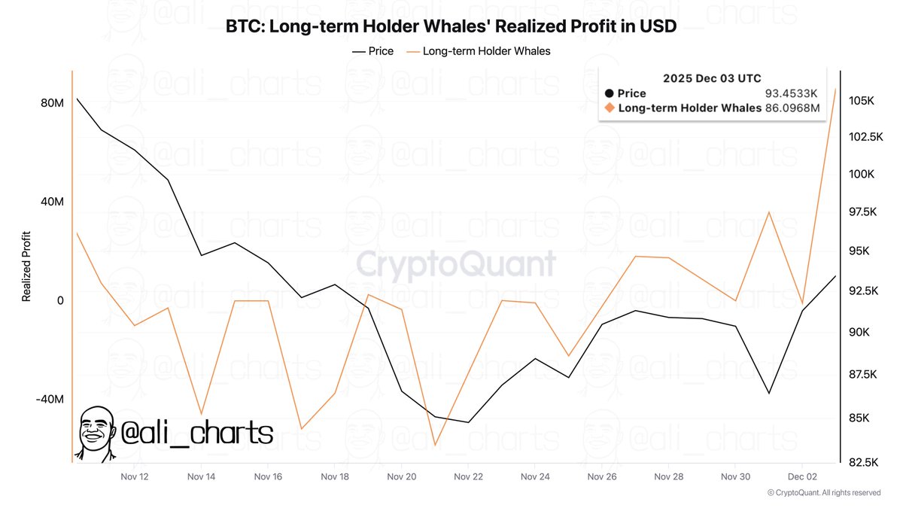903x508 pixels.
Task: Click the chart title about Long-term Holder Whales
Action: (451, 27)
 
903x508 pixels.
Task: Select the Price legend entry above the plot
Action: (372, 51)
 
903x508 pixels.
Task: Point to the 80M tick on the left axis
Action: (50, 102)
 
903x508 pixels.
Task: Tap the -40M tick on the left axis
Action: (49, 399)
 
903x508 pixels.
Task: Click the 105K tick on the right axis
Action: (860, 101)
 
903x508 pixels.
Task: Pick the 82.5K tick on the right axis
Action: (862, 461)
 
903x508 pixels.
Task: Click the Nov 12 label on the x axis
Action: (135, 476)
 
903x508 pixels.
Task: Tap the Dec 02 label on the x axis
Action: (802, 476)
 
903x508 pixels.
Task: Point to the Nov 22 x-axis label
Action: (468, 476)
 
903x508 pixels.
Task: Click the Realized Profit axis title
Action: (26, 266)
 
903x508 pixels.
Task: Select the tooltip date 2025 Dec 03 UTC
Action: (712, 78)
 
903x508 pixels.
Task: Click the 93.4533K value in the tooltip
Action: (792, 93)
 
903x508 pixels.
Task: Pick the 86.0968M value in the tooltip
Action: (792, 108)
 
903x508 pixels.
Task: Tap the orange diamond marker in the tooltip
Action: (610, 108)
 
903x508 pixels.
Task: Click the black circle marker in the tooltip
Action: (610, 93)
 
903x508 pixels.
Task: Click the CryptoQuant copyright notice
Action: (823, 492)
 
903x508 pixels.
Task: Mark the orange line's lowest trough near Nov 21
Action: (435, 446)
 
